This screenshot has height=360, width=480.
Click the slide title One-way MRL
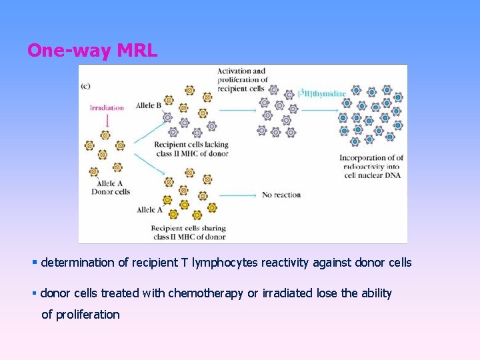coord(92,51)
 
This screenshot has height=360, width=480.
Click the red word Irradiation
coord(107,107)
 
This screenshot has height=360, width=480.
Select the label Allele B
coord(149,105)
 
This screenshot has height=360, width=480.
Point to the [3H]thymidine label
coord(323,93)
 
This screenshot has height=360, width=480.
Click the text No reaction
coord(281,195)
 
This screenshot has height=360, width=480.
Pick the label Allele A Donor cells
coord(111,187)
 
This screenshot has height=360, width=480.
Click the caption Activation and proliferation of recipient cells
coord(242,80)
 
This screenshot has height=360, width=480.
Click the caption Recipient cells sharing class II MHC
coord(189,232)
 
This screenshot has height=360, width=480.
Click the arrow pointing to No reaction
coord(238,195)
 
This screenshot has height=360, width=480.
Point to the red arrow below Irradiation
coord(107,120)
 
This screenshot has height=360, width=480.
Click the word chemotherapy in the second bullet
coord(205,293)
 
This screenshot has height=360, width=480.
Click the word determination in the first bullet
coord(77,263)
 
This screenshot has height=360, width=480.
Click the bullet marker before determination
coord(35,263)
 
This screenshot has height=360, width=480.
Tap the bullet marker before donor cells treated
coord(35,293)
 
